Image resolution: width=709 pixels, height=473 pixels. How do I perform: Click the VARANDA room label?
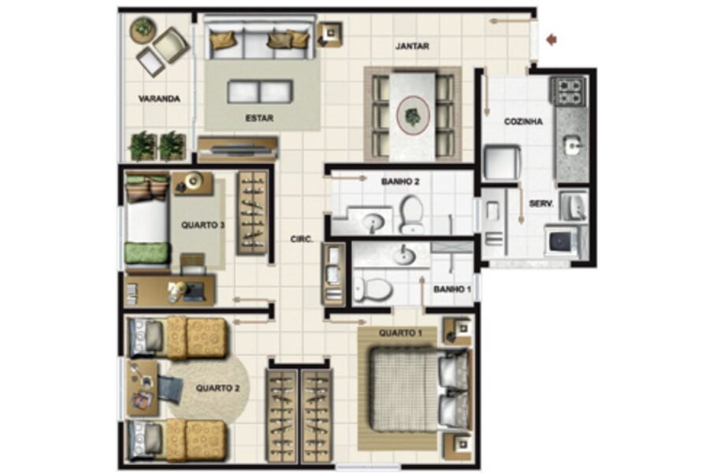coord(159,99)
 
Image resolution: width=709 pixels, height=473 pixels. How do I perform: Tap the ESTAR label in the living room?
coord(259,118)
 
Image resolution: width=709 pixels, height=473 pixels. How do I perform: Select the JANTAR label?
coord(412,47)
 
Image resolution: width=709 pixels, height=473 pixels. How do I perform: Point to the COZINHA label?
coord(523,121)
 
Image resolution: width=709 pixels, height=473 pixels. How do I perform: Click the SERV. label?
coord(541,204)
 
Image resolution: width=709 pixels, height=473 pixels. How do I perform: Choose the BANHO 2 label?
coord(400,182)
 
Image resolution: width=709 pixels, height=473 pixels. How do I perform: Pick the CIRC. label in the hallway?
coord(302,240)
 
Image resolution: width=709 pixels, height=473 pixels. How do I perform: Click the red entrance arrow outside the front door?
coord(551,40)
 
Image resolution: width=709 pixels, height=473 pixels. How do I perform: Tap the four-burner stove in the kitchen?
coord(568,91)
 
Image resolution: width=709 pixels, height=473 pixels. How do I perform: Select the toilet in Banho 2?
coord(412,214)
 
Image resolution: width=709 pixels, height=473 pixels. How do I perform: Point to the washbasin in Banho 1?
coord(404,255)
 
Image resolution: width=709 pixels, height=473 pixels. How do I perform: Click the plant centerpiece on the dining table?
coord(412,117)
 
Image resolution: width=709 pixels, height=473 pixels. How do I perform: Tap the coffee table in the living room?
coord(259,91)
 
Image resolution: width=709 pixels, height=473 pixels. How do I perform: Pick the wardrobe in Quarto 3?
coord(252,213)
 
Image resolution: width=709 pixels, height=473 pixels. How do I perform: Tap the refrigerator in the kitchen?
coord(503,162)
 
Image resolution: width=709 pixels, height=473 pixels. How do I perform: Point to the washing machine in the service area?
coord(562,240)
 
